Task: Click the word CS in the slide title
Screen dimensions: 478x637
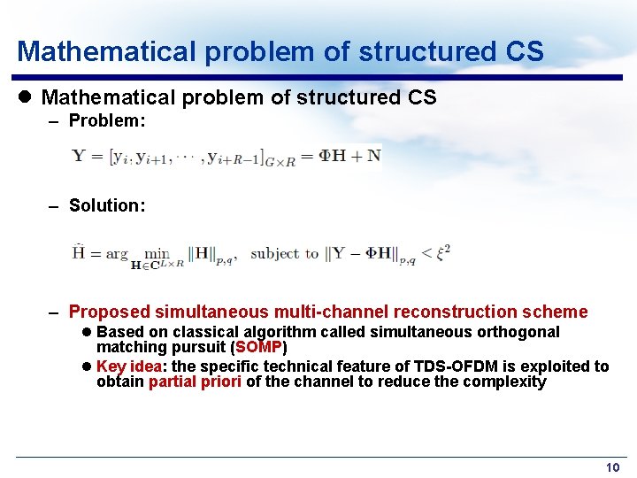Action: click(525, 51)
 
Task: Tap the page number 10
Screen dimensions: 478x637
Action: click(612, 467)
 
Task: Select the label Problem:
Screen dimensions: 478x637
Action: click(107, 120)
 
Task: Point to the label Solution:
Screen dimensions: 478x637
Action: click(107, 205)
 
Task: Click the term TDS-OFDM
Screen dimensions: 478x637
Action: click(453, 366)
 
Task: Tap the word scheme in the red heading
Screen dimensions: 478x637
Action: click(558, 312)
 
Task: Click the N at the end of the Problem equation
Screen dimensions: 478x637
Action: click(373, 156)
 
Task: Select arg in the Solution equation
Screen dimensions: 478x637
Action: click(117, 254)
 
